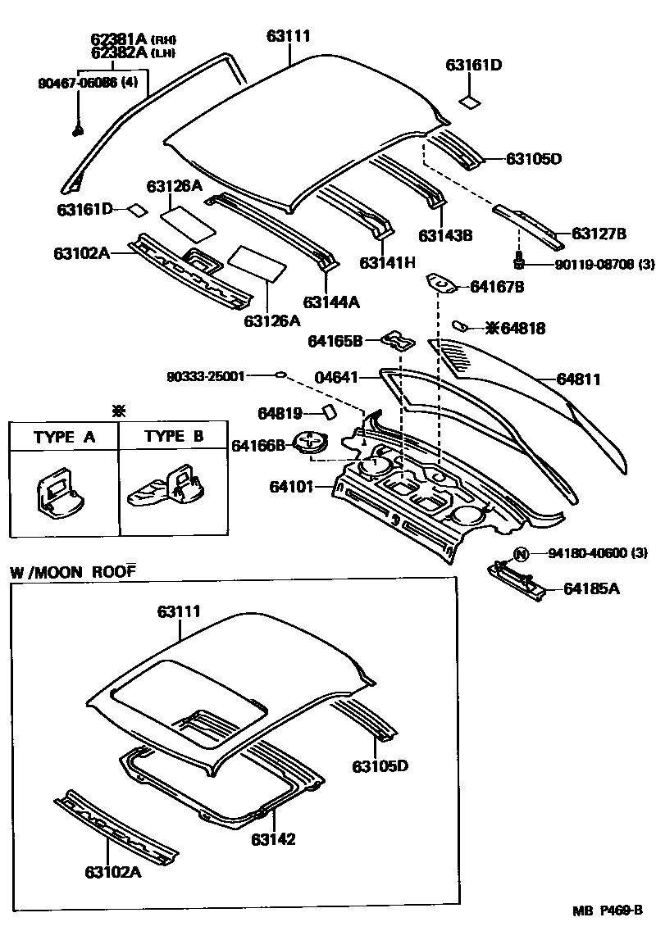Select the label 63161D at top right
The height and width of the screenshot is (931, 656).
coord(474,65)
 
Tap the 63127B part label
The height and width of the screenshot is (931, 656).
coord(599,234)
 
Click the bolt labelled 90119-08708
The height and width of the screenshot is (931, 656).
coord(518,262)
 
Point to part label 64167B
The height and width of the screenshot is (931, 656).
coord(496,287)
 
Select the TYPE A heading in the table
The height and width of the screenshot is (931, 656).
coord(64,437)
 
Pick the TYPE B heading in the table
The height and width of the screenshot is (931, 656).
coord(174,437)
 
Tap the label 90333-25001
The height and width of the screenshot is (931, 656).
coord(205,376)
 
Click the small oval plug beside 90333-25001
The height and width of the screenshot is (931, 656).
coord(280,375)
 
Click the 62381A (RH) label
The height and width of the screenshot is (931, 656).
coord(134,39)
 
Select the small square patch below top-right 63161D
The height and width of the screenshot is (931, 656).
coord(470,102)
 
